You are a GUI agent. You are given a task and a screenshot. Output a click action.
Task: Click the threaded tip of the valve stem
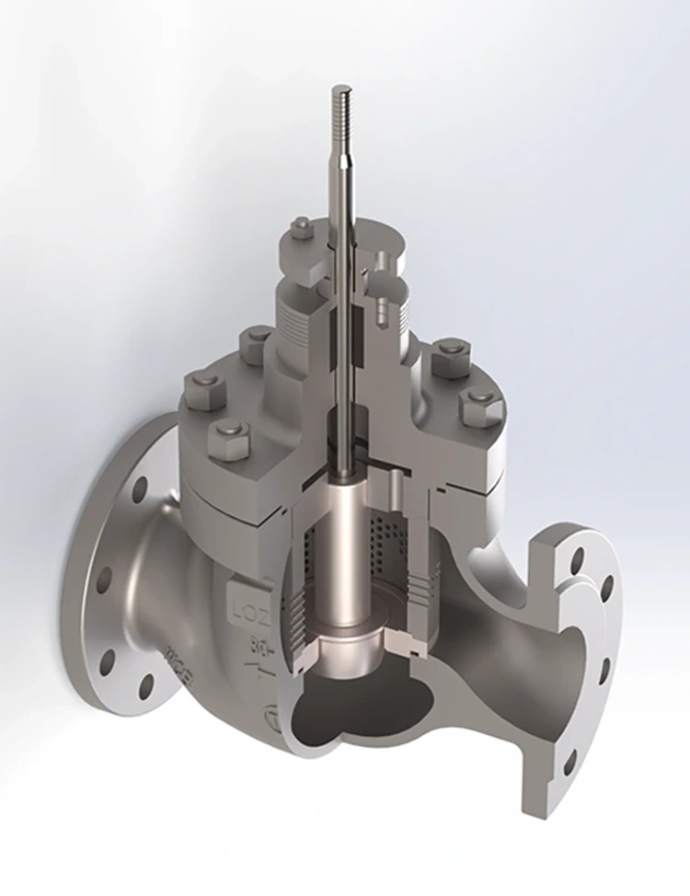[x=339, y=110]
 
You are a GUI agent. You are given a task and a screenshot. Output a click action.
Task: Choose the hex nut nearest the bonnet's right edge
[x=481, y=405]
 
